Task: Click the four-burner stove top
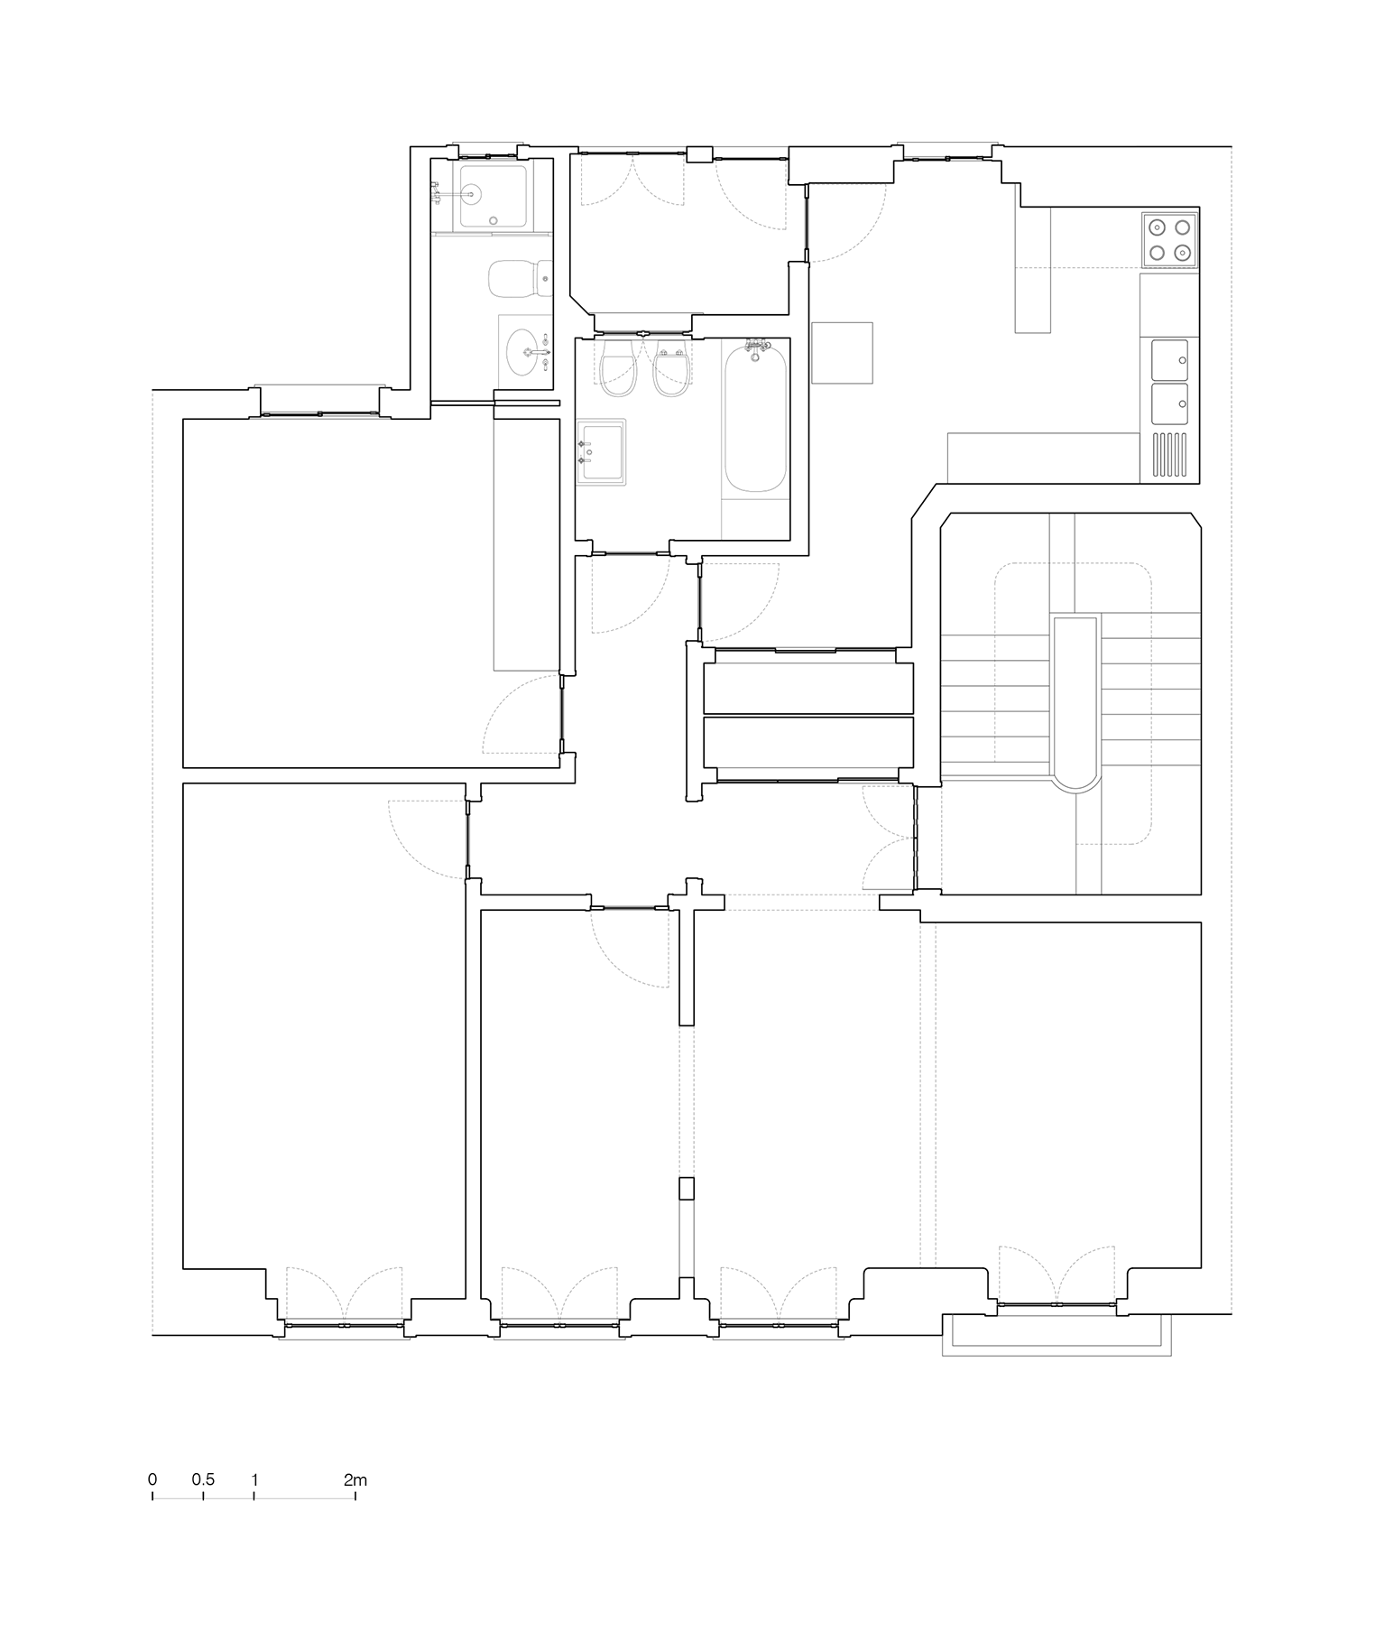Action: (1169, 239)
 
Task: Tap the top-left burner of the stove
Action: (1157, 227)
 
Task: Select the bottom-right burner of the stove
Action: (1183, 253)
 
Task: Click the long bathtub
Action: (755, 418)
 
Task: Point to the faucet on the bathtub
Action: (755, 346)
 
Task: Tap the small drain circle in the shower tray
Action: (494, 220)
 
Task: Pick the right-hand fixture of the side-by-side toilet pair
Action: (670, 370)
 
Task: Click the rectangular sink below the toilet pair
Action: (602, 450)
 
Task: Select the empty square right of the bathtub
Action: (842, 353)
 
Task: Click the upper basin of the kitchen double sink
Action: (1169, 359)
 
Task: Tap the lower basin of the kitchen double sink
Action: (1169, 403)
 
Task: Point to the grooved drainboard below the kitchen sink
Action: (1169, 454)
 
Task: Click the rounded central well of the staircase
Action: (1075, 700)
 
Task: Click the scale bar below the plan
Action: (254, 1497)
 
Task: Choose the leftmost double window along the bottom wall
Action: (344, 1295)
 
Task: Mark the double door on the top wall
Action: (632, 176)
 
